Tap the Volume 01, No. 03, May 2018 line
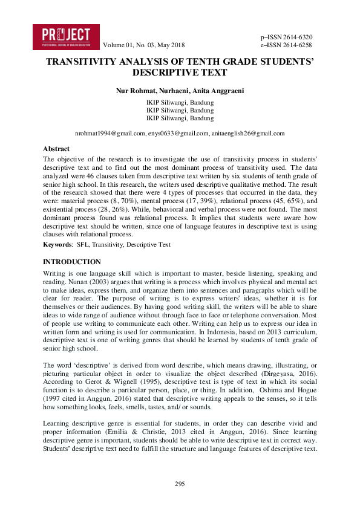[144, 45]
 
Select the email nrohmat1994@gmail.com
[110, 133]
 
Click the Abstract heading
[56, 149]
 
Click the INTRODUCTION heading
[72, 262]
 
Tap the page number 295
[180, 484]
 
